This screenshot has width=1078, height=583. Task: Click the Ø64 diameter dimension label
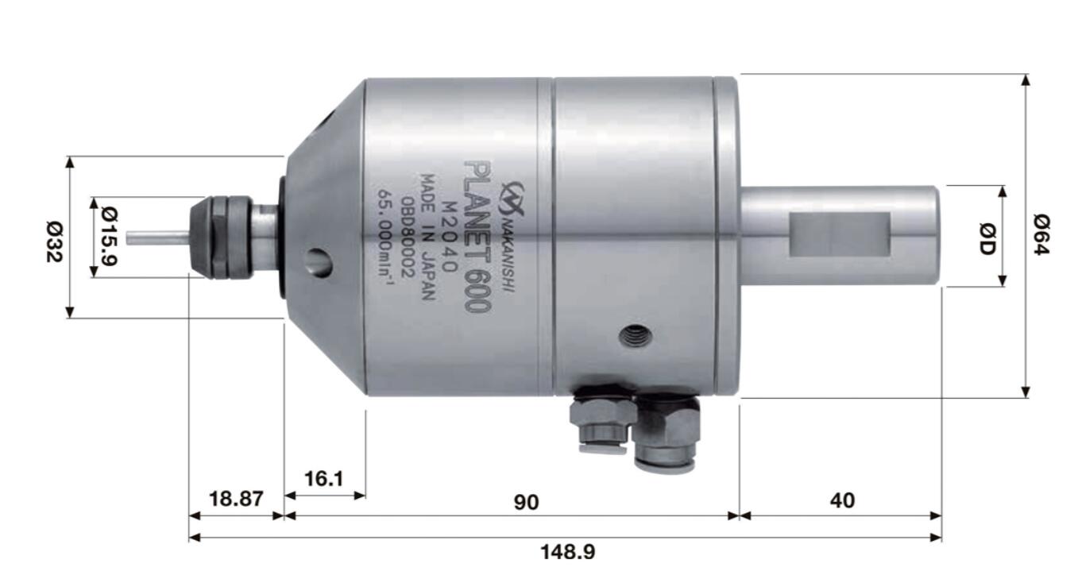click(1041, 235)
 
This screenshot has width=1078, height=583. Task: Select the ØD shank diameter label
click(987, 236)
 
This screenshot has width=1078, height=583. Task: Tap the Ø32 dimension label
click(53, 237)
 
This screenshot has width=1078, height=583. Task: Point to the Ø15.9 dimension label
click(110, 237)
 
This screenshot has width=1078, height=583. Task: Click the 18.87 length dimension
click(235, 500)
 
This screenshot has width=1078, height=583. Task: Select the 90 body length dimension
click(526, 501)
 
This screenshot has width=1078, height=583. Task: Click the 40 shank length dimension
click(842, 500)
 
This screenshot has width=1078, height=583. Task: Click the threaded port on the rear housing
click(636, 336)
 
